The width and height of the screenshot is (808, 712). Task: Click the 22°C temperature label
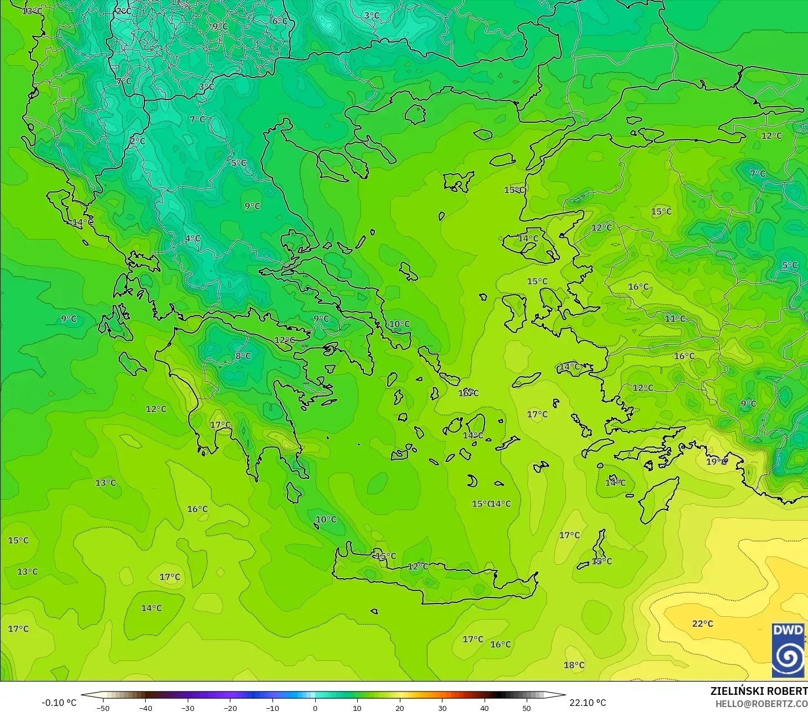[x=702, y=623]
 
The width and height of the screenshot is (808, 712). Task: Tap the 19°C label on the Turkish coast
[x=716, y=461]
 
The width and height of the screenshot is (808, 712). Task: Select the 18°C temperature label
[x=574, y=665]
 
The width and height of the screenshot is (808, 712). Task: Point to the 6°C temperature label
[x=280, y=21]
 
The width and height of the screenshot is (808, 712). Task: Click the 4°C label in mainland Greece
[x=193, y=238]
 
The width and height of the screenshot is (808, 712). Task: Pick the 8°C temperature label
[x=243, y=356]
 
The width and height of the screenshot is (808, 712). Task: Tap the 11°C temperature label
[x=675, y=318]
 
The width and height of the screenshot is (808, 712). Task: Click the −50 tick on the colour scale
[x=103, y=708]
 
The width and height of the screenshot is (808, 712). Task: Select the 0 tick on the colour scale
[x=315, y=708]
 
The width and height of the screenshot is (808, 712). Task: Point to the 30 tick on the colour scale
[x=442, y=708]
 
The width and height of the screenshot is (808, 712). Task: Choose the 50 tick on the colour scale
[x=527, y=708]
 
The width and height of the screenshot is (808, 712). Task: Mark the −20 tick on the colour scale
[x=230, y=708]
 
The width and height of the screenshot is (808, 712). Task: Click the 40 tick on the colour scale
[x=485, y=708]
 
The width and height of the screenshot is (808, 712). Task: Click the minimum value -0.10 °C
[x=59, y=703]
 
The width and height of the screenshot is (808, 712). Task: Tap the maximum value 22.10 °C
[x=588, y=703]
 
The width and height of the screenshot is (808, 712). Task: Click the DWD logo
[x=788, y=650]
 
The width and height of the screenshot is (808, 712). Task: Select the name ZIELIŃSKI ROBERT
[x=759, y=691]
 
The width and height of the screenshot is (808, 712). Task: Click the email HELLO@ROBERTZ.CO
[x=761, y=704]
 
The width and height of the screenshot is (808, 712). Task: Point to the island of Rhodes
[x=657, y=499]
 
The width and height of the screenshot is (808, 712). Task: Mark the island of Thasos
[x=415, y=114]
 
